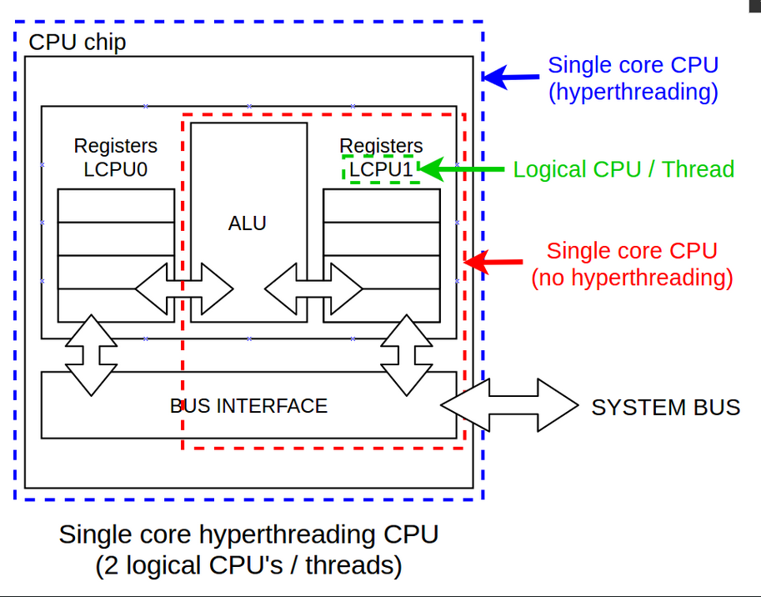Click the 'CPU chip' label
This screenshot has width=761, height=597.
point(78,42)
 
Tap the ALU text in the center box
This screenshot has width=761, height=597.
point(248,223)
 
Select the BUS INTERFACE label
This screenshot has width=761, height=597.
point(248,406)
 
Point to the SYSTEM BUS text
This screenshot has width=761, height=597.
point(665,407)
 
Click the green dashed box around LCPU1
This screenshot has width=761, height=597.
point(380,169)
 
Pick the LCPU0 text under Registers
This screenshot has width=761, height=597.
point(115,169)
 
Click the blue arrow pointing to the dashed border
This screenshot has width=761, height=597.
point(511,78)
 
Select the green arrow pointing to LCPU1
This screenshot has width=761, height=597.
point(462,169)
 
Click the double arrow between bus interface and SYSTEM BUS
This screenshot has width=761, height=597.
point(508,405)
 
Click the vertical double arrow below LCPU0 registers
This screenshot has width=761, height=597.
point(92,354)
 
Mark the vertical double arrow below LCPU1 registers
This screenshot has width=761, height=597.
point(406,354)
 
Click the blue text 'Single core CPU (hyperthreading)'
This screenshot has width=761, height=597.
point(633,78)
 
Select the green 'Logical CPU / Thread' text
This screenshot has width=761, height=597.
point(623,169)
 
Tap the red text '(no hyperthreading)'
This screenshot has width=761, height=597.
point(632,277)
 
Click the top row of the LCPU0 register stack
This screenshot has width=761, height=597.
point(115,205)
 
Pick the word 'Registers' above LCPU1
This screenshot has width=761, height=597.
point(381,146)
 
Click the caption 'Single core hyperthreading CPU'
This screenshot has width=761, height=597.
point(248,534)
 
